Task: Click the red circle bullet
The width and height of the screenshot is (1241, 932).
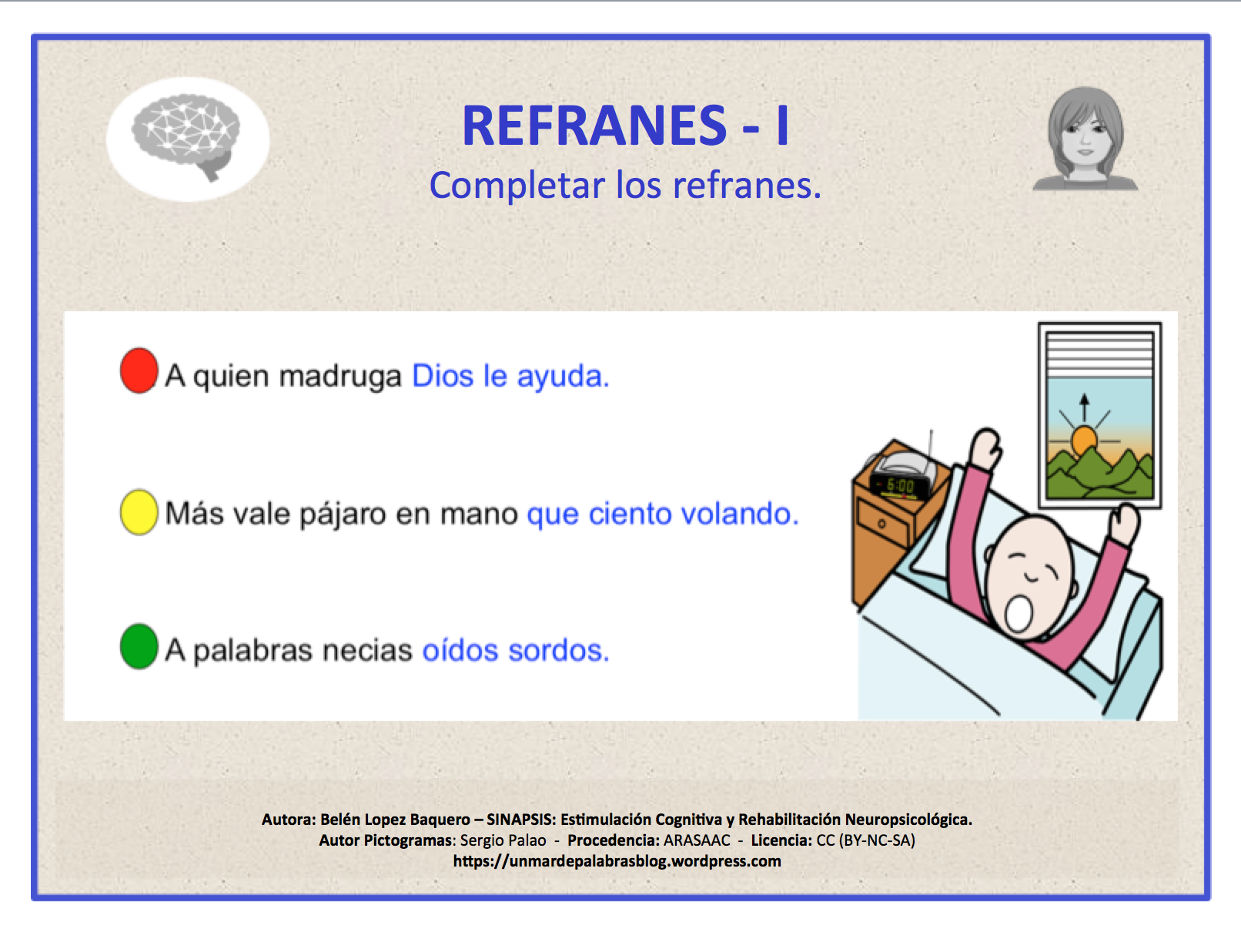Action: [139, 370]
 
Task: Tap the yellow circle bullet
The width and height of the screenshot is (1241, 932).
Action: [139, 512]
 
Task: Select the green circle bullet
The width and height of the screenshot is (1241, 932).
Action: [139, 646]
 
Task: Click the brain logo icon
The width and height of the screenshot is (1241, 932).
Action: [187, 137]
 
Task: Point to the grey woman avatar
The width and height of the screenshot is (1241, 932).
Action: [1085, 139]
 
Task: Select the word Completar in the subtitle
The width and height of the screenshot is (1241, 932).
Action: [517, 186]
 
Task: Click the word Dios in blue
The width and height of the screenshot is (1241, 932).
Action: [443, 376]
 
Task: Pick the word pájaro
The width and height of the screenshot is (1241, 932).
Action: [342, 515]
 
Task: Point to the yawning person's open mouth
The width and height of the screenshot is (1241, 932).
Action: [1019, 613]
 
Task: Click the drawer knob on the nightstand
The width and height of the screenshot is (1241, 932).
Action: [881, 524]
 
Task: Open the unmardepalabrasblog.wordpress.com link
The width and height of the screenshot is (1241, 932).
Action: [617, 861]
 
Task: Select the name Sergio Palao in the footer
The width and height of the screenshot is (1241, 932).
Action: [503, 840]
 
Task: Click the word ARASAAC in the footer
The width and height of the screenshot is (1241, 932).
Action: [697, 840]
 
